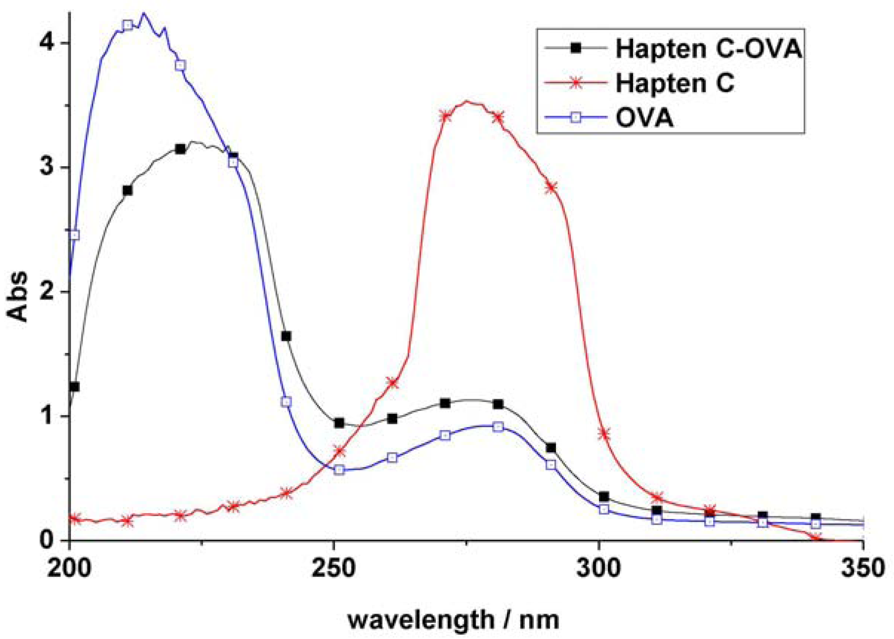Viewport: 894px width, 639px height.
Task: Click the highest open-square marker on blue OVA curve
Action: pos(127,25)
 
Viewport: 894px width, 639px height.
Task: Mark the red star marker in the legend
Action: pos(576,83)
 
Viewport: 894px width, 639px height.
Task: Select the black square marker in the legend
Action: pos(576,49)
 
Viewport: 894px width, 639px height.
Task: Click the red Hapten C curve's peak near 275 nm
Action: pos(467,102)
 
